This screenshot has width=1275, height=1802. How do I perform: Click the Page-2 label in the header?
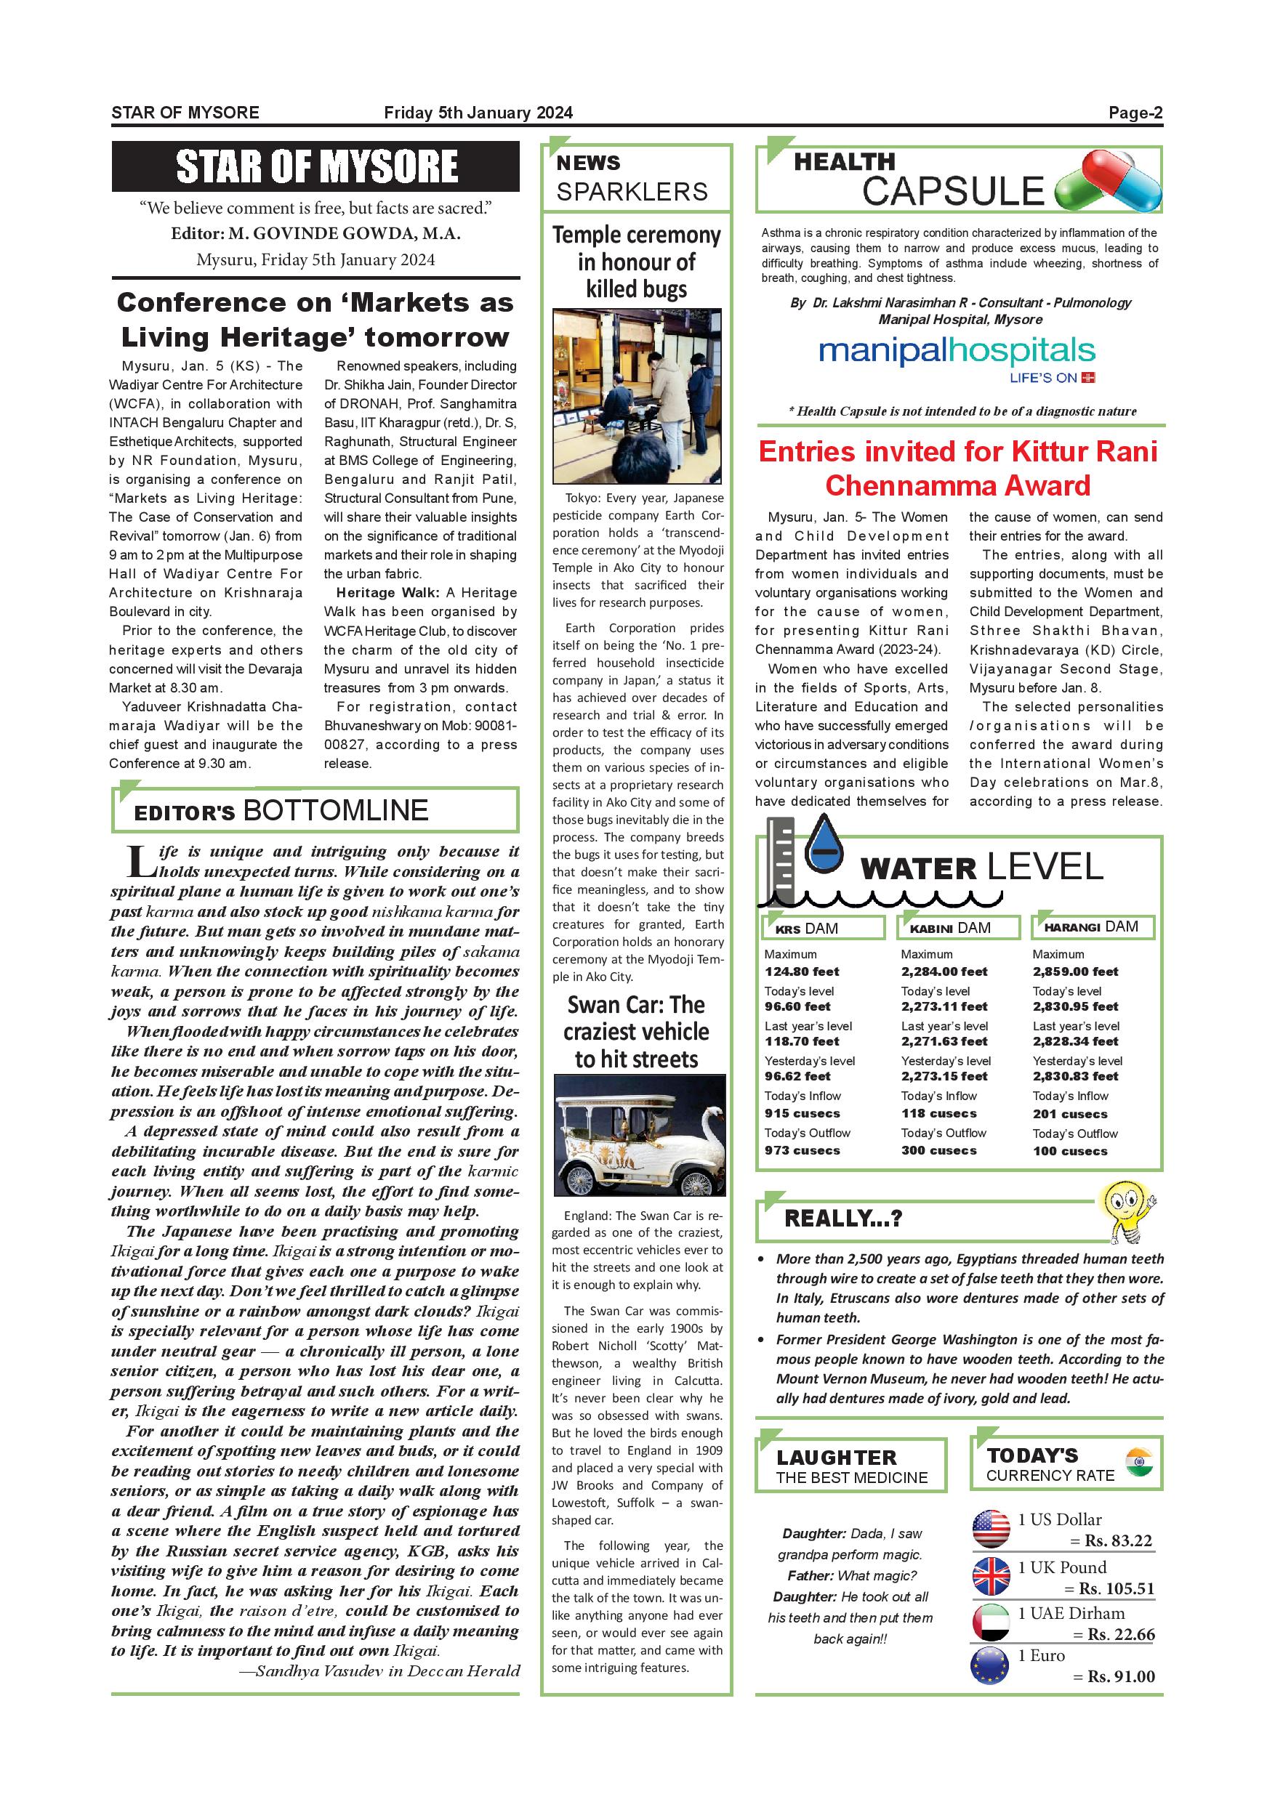(x=1135, y=112)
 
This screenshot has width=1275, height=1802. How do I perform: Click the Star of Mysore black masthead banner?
(x=315, y=166)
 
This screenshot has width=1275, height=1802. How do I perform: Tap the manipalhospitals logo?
(x=957, y=352)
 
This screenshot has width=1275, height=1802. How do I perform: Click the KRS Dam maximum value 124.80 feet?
(x=802, y=971)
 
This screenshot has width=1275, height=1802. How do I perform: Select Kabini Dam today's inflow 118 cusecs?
(x=939, y=1114)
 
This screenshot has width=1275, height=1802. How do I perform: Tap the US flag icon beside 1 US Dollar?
(x=991, y=1529)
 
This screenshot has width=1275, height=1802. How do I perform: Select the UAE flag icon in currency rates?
(x=991, y=1623)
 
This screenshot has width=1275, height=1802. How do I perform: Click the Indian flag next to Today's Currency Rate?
(x=1138, y=1463)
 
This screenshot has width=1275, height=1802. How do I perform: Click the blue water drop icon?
(x=824, y=844)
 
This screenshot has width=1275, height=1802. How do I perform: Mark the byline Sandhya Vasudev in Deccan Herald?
(x=379, y=1670)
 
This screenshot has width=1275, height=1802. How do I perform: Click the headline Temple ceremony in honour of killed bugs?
(x=636, y=262)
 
